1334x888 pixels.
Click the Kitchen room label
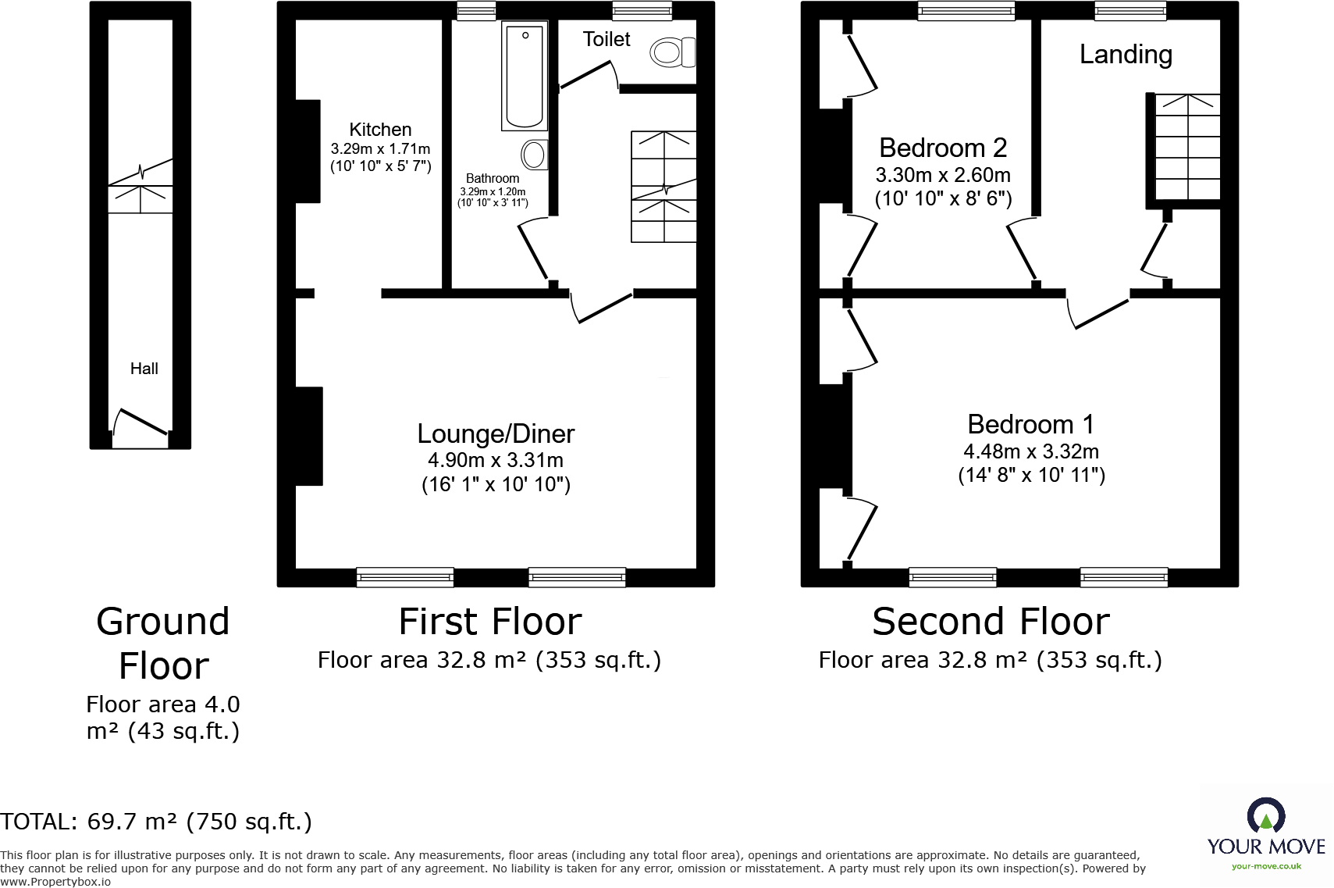tap(380, 130)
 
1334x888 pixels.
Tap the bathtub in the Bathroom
tap(525, 75)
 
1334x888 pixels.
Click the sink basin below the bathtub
tap(535, 155)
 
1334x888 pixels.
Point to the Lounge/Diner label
tap(496, 433)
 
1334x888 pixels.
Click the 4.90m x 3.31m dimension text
tap(496, 460)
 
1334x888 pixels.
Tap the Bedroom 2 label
tap(943, 148)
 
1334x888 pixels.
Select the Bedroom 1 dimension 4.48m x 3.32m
tap(1031, 451)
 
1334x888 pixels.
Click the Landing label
tap(1126, 55)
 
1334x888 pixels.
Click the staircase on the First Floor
tap(663, 187)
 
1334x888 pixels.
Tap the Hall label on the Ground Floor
tap(144, 369)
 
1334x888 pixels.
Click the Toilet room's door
tap(587, 75)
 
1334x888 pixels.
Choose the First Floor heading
tap(490, 622)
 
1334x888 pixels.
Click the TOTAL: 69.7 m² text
tap(156, 822)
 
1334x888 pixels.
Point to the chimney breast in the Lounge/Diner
tap(309, 436)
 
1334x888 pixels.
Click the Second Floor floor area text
tap(990, 661)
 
